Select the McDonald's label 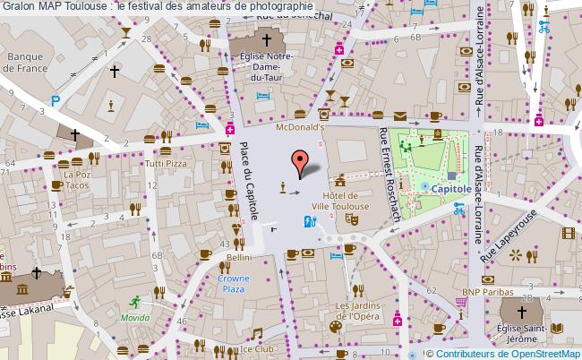click(x=299, y=128)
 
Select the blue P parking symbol click(x=55, y=102)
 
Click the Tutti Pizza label click(x=166, y=165)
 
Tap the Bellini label click(x=238, y=257)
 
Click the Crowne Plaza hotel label click(x=234, y=284)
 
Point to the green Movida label click(x=135, y=318)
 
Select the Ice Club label click(x=257, y=349)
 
